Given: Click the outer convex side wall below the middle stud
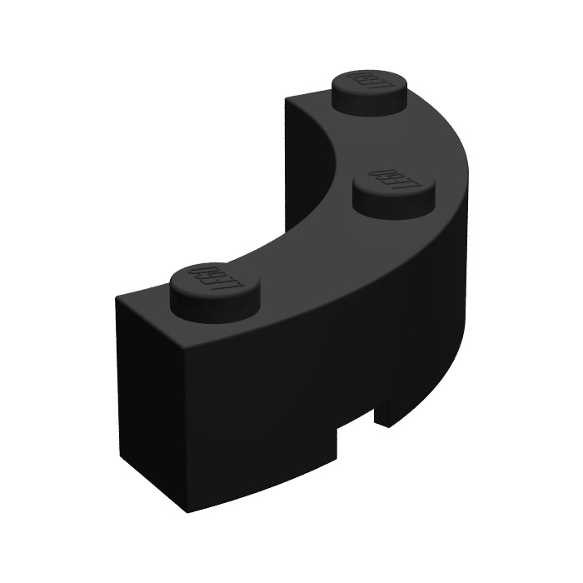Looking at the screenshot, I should click(x=400, y=333).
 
